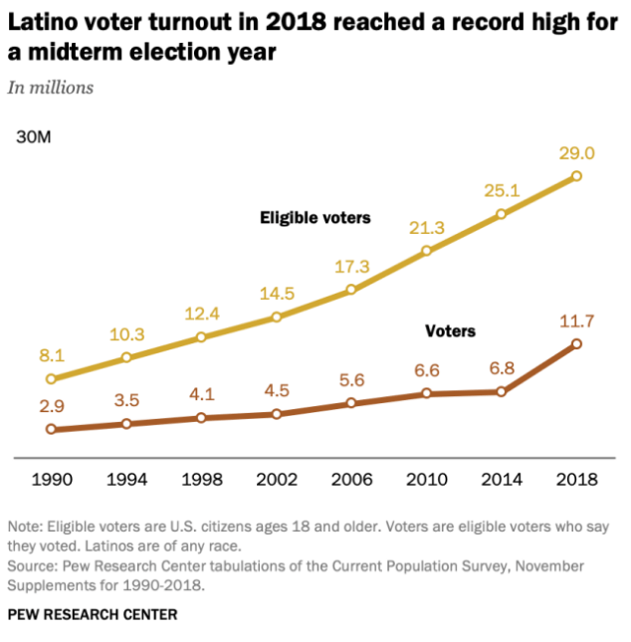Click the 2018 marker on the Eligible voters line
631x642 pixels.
[576, 176]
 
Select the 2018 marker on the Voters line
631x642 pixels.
[576, 344]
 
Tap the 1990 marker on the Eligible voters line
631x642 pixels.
[51, 378]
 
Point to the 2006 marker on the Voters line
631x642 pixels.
[351, 403]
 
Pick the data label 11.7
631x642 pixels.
[576, 321]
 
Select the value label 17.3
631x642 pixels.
[351, 267]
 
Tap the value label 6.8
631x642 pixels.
[502, 368]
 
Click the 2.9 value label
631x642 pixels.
[51, 407]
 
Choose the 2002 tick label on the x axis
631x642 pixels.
[276, 479]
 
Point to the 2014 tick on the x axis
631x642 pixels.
[502, 479]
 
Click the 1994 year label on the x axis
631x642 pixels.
[126, 479]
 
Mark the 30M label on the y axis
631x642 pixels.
[33, 136]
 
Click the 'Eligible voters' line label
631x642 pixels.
[315, 217]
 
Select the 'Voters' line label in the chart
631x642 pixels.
[450, 329]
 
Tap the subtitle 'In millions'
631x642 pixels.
[51, 88]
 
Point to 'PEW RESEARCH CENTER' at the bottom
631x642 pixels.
[92, 614]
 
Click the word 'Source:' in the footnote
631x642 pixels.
[34, 565]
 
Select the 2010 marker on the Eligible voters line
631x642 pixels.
[426, 251]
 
